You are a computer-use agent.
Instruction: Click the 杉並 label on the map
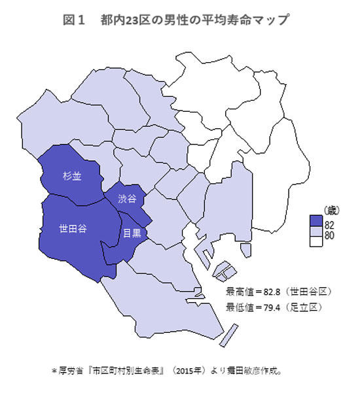[72, 176]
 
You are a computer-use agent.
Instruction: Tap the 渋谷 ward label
[127, 198]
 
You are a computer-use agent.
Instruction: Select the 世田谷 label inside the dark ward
[73, 229]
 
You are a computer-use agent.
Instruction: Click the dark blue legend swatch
[316, 225]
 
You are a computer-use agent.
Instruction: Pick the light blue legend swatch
[316, 234]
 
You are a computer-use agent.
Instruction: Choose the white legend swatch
[316, 244]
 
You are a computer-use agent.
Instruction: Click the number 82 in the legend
[329, 225]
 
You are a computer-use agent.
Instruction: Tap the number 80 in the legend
[329, 235]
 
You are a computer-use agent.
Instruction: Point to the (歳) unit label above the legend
[325, 211]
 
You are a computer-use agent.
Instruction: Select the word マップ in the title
[271, 20]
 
